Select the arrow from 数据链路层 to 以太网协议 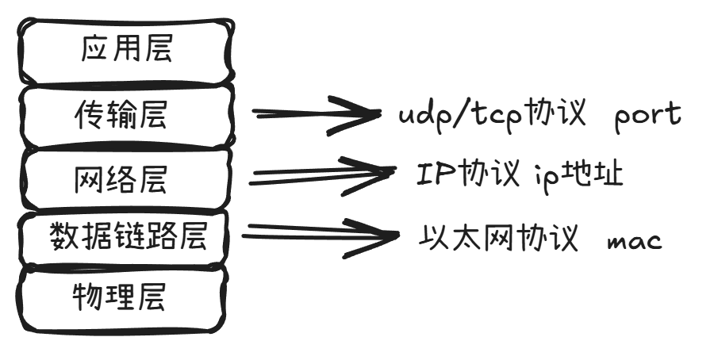click(317, 233)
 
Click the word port click(647, 116)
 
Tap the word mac click(633, 240)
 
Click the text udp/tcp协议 click(491, 116)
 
